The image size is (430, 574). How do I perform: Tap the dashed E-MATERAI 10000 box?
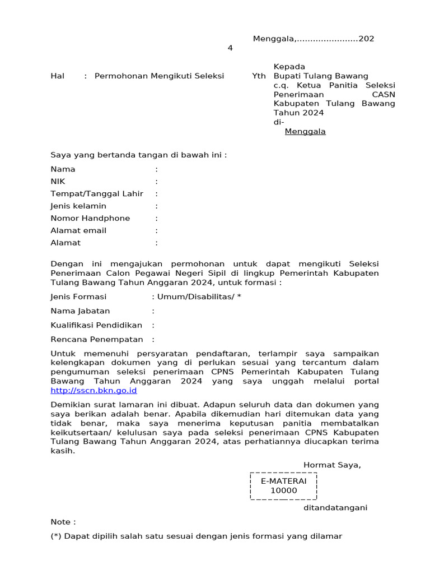pyautogui.click(x=283, y=486)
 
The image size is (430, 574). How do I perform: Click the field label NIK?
pyautogui.click(x=58, y=182)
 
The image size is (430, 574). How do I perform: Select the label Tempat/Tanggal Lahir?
pyautogui.click(x=97, y=194)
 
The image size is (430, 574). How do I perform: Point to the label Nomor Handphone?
pyautogui.click(x=90, y=219)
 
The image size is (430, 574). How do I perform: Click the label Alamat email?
pyautogui.click(x=78, y=231)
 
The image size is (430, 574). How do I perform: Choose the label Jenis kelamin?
pyautogui.click(x=78, y=206)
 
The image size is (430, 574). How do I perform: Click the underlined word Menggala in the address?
pyautogui.click(x=305, y=132)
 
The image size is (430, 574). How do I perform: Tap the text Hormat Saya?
pyautogui.click(x=332, y=465)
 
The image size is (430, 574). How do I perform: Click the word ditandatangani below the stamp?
pyautogui.click(x=335, y=508)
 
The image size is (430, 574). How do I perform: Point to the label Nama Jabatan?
pyautogui.click(x=80, y=311)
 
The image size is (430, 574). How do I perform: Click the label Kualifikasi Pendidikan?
pyautogui.click(x=96, y=325)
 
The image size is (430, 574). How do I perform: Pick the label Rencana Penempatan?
pyautogui.click(x=96, y=339)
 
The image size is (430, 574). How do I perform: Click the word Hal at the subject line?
pyautogui.click(x=58, y=76)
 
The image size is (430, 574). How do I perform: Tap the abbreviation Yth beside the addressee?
pyautogui.click(x=259, y=76)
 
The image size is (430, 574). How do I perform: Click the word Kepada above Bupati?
pyautogui.click(x=289, y=67)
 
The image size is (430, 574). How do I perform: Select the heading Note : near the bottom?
pyautogui.click(x=63, y=522)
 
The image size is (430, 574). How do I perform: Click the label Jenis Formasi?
pyautogui.click(x=78, y=297)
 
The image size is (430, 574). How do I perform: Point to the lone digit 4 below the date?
pyautogui.click(x=230, y=48)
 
